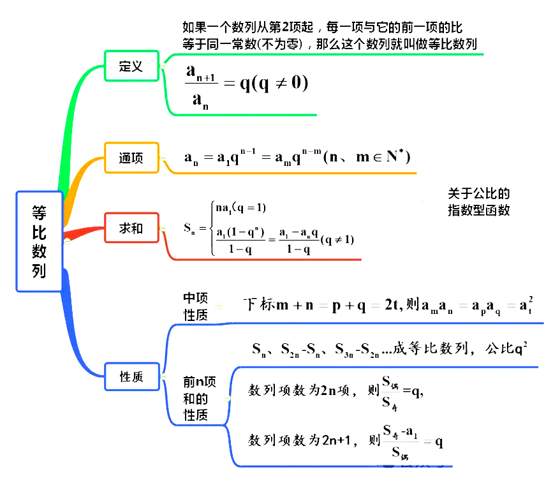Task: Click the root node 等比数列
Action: tap(39, 241)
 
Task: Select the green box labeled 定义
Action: tap(131, 66)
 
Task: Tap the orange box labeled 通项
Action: tap(131, 158)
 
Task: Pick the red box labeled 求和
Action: tap(131, 228)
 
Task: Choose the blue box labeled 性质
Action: tap(131, 377)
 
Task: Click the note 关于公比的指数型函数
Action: tap(478, 202)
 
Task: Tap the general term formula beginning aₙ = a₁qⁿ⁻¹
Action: tap(297, 157)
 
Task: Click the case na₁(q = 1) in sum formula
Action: tap(240, 207)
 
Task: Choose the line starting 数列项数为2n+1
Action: tap(345, 441)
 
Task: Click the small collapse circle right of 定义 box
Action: tap(163, 66)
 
